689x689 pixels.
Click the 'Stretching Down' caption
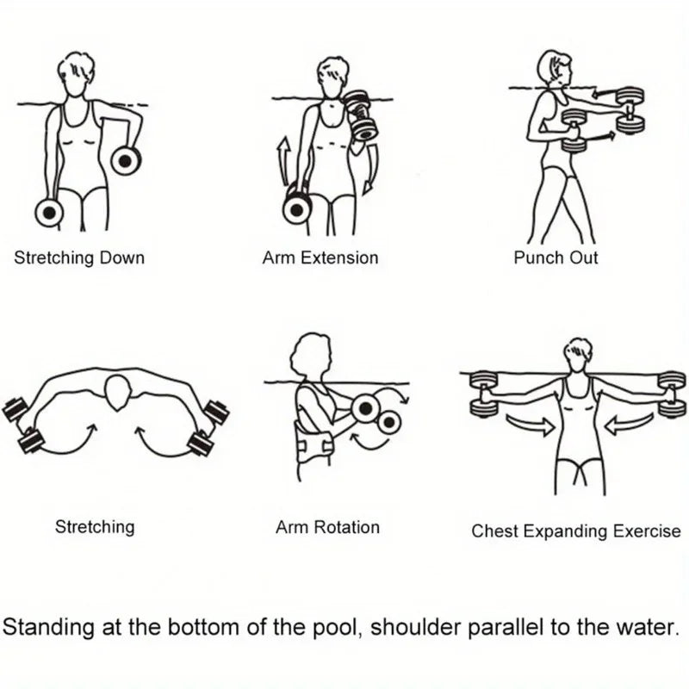click(x=79, y=258)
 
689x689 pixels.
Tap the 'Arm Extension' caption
click(x=320, y=258)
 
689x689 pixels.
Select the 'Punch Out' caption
click(x=556, y=258)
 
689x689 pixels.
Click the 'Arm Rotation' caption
click(x=327, y=527)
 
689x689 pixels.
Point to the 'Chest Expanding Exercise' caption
click(x=575, y=531)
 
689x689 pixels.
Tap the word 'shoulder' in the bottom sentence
click(x=411, y=626)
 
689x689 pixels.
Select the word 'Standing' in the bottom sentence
click(x=44, y=626)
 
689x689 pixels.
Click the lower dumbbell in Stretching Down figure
click(x=49, y=211)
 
